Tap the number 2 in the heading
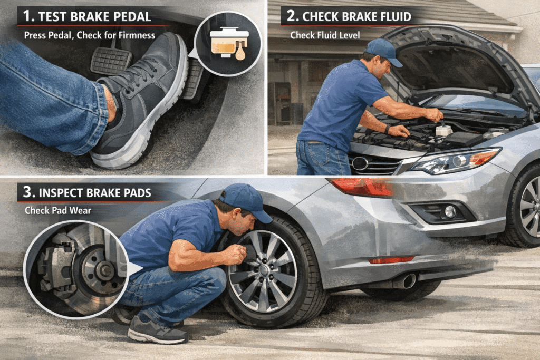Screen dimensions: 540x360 [x=291, y=16]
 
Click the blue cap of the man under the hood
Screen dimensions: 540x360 [x=383, y=51]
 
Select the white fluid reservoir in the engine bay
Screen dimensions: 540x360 [x=443, y=130]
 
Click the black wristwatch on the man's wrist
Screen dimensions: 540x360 [x=388, y=129]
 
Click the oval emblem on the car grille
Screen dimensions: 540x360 [x=360, y=163]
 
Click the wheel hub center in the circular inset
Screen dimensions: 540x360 [x=104, y=270]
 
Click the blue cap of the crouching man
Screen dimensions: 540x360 [x=246, y=201]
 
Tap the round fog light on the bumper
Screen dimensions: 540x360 [x=450, y=212]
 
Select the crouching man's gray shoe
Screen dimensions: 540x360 [x=157, y=331]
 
